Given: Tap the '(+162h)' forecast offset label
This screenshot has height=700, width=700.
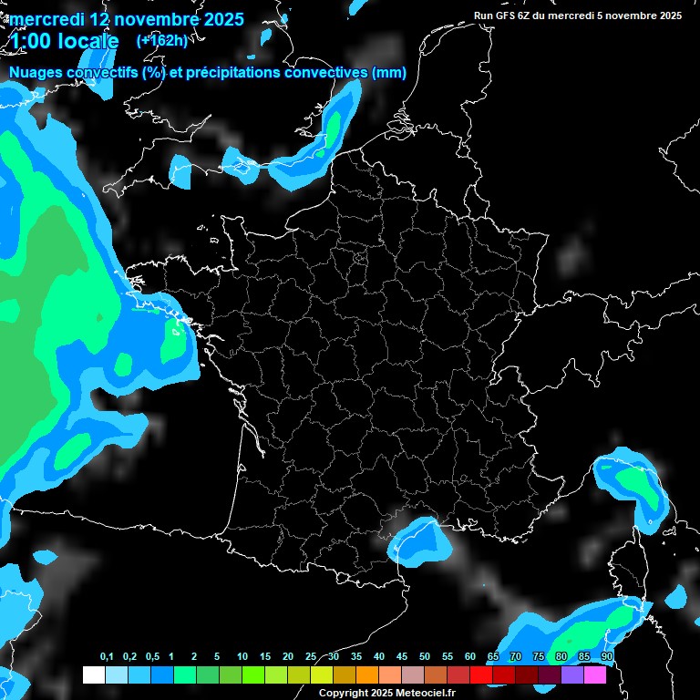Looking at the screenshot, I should [161, 41].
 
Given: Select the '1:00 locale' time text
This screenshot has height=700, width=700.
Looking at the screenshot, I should [64, 42].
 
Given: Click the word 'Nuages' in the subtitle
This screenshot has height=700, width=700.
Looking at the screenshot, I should [37, 73].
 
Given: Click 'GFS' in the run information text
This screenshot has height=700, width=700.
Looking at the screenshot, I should [506, 15].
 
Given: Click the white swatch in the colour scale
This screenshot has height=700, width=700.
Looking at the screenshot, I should [93, 675].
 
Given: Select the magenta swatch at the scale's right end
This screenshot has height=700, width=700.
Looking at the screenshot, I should [595, 675].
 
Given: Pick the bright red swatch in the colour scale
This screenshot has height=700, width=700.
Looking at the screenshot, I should [481, 675].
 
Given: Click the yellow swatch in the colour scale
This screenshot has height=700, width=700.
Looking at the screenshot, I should [321, 675].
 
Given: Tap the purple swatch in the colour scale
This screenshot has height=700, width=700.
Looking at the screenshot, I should [572, 675].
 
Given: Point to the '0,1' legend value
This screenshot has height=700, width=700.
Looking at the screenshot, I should [107, 657].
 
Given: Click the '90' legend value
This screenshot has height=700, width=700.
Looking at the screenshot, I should [607, 657].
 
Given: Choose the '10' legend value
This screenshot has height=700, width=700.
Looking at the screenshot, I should [242, 657].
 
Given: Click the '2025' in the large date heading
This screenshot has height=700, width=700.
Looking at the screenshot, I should [221, 19].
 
